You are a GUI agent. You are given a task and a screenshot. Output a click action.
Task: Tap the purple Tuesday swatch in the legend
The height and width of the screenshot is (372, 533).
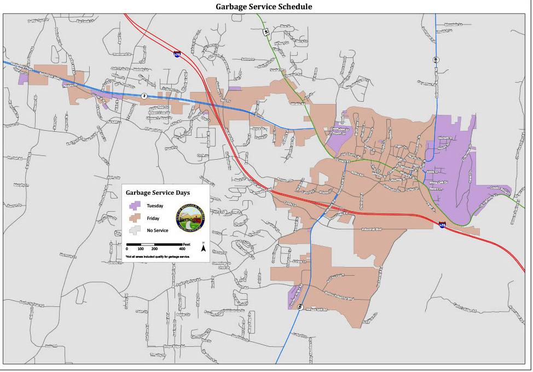coord(134,206)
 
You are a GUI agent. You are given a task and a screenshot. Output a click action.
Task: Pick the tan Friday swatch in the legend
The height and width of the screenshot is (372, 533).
coord(134,218)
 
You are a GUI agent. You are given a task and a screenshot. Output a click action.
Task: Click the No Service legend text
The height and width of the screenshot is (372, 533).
coord(157,230)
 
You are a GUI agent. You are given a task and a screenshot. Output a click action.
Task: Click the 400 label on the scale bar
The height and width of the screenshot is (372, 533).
coord(182,249)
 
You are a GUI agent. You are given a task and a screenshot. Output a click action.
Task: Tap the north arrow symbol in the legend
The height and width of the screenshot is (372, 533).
coord(203,247)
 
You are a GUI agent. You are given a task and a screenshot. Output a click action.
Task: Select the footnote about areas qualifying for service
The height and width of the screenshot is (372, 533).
coord(157,257)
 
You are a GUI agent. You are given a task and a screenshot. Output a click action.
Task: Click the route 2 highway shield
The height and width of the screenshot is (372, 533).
coord(144,96)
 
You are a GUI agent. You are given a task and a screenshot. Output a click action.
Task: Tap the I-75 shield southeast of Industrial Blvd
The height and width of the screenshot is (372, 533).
coord(442,224)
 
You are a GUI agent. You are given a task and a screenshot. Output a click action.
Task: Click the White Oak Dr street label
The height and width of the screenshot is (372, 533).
coord(438,182)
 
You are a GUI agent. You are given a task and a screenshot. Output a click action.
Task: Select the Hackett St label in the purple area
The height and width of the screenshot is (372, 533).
coord(445,137)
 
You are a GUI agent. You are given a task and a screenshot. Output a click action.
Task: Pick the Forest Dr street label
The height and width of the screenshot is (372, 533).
coord(470,177)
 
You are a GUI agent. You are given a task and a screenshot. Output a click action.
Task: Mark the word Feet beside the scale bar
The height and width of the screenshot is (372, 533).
coord(187,243)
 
